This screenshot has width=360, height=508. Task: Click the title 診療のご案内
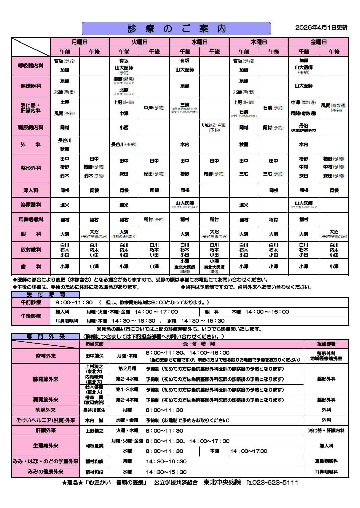pos(176,29)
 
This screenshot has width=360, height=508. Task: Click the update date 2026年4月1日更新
pos(321,28)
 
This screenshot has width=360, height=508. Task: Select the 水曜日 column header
pos(199,42)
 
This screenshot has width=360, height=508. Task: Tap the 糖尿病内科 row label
pos(31,128)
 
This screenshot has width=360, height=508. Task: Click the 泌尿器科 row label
pos(31,205)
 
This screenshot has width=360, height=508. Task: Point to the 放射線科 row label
pos(31,250)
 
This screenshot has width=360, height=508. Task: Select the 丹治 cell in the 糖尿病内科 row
pos(303,128)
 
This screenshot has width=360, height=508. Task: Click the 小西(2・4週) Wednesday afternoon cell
pos(214,128)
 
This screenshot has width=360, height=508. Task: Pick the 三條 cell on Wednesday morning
pos(185,107)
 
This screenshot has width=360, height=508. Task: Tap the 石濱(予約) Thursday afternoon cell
pos(273,108)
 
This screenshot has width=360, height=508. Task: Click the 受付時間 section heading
pos(46,294)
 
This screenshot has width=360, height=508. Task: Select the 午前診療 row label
pos(31,302)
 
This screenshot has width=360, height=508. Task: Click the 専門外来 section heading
pos(46,337)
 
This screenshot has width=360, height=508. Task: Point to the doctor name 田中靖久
pos(94,356)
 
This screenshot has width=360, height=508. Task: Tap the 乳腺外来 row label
pos(46,410)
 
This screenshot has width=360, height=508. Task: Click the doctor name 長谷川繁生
pos(94,410)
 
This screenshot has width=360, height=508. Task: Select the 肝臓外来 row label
pos(46,430)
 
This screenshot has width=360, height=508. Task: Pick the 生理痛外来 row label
pos(46,446)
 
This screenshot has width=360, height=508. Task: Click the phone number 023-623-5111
pos(275,482)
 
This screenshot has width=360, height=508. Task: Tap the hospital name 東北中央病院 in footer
pos(222,482)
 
